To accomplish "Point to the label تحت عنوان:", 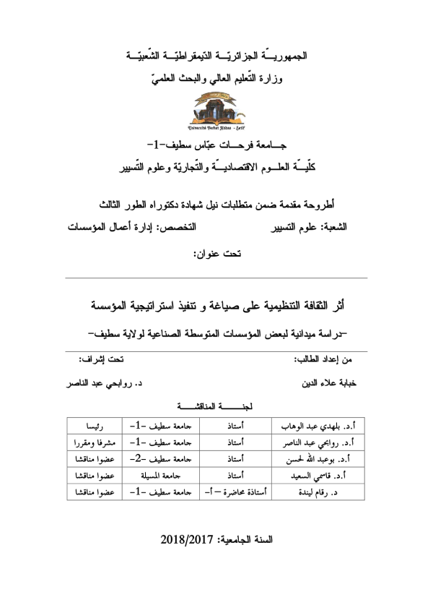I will tap(216, 254).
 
